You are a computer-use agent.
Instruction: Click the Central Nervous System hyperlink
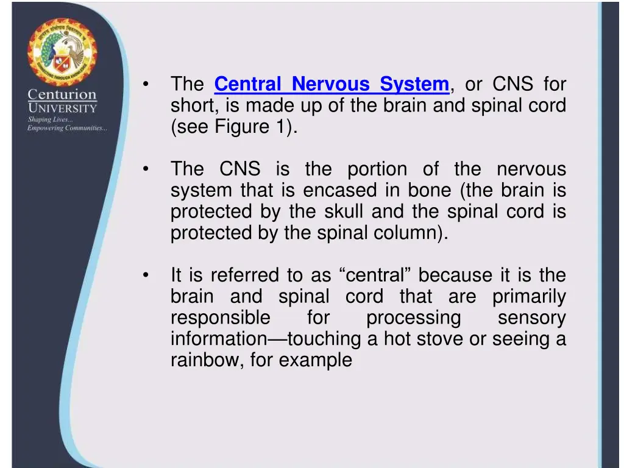coord(331,84)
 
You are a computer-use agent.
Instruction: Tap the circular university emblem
coord(62,52)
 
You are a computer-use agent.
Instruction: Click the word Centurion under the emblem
coord(62,95)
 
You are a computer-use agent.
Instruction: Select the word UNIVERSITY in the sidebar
coord(62,108)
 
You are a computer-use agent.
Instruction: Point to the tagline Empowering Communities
coord(67,128)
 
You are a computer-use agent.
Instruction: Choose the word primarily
coord(529,297)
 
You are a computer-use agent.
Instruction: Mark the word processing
coord(413,318)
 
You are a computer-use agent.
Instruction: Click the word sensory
coord(531,318)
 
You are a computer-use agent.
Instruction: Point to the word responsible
coord(220,318)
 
